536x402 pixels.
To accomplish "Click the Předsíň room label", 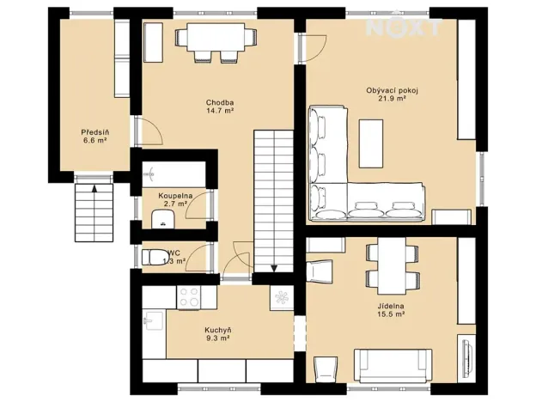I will (94, 136).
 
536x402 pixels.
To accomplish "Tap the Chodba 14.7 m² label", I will (220, 107).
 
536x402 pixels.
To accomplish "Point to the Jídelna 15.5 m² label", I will (391, 311).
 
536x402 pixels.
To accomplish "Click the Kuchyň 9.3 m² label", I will (218, 334).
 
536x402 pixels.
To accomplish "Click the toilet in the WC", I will (155, 257).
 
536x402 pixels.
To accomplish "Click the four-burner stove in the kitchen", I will (189, 297).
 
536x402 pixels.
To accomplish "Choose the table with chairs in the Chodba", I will (216, 40).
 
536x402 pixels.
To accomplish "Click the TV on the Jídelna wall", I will (467, 354).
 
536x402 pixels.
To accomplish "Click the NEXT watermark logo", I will (404, 27).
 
